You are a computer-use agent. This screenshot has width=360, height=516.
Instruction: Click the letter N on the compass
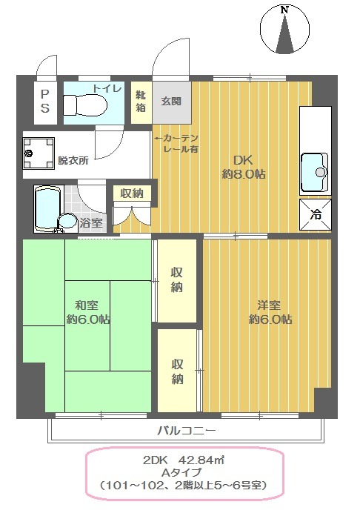pyautogui.click(x=284, y=10)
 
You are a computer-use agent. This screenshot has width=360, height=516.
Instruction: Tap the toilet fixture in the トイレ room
pyautogui.click(x=85, y=105)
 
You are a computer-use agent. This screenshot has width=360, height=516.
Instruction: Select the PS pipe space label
pyautogui.click(x=45, y=102)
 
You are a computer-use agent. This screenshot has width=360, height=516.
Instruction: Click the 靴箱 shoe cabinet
pyautogui.click(x=141, y=102)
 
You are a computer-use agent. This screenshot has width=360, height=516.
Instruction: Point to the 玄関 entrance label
pyautogui.click(x=171, y=102)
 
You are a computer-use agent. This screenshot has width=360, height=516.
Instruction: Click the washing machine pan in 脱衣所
pyautogui.click(x=39, y=153)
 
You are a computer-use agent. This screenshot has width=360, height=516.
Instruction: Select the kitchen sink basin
pyautogui.click(x=315, y=173)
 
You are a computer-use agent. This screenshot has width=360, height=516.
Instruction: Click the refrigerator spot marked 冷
pyautogui.click(x=316, y=215)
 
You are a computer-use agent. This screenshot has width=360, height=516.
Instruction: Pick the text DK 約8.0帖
pyautogui.click(x=244, y=167)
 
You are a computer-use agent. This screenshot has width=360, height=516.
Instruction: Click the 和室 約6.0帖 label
pyautogui.click(x=88, y=312)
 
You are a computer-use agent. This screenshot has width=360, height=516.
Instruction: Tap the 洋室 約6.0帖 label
pyautogui.click(x=270, y=312)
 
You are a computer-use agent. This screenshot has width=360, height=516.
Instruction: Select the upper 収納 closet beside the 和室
pyautogui.click(x=177, y=281)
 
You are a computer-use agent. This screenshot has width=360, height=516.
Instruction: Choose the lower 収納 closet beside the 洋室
pyautogui.click(x=178, y=370)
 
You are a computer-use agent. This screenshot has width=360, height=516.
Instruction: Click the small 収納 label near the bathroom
pyautogui.click(x=132, y=193)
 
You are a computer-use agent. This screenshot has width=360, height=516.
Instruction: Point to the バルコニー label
pyautogui.click(x=187, y=431)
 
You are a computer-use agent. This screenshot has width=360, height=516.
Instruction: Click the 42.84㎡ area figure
pyautogui.click(x=201, y=460)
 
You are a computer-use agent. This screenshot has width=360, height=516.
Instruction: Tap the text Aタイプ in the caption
pyautogui.click(x=181, y=472)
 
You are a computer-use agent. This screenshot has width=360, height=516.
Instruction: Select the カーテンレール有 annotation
pyautogui.click(x=177, y=144)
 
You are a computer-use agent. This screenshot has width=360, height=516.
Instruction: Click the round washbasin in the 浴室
pyautogui.click(x=67, y=221)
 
